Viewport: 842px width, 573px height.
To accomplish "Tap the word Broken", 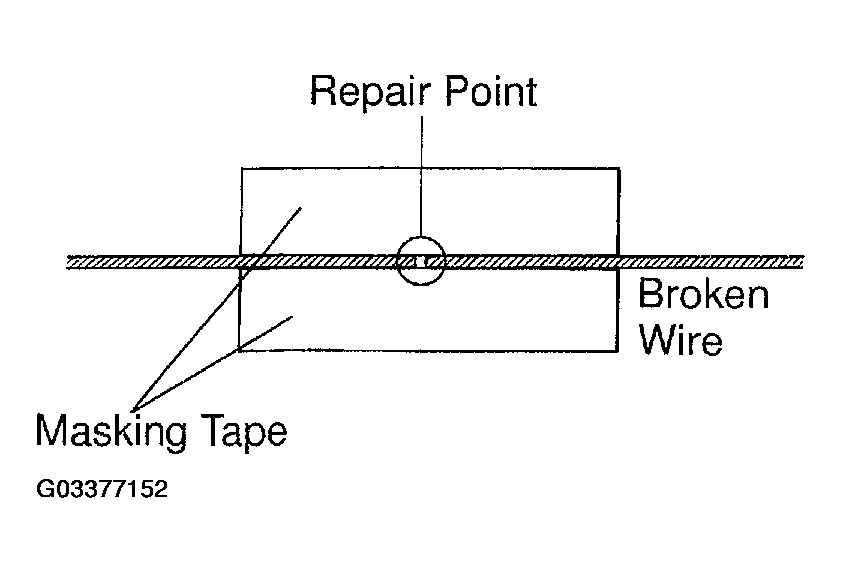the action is point(704,294).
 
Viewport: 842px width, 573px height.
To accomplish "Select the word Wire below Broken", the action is point(681,340).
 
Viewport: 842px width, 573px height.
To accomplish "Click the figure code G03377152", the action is point(102,489).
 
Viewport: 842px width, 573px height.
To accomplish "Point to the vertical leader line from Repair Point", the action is point(422,177).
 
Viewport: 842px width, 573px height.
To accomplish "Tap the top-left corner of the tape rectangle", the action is point(242,169).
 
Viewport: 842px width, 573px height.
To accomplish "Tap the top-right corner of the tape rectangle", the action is point(620,169).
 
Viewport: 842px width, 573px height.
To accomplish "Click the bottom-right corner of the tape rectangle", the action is point(618,352).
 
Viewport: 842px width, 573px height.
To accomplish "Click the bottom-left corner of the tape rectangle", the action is point(239,351).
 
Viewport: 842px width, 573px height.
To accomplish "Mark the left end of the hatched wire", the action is point(67,262).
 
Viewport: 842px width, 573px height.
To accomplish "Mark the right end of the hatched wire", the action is point(803,262).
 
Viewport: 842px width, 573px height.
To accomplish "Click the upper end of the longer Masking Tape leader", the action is point(301,208).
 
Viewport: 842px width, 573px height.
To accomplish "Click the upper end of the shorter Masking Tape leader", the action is point(292,317).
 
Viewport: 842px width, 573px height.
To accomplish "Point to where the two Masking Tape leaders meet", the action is point(134,410).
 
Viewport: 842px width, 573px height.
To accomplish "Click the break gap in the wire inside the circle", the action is point(422,262).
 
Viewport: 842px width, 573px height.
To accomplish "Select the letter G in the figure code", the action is point(43,489).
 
